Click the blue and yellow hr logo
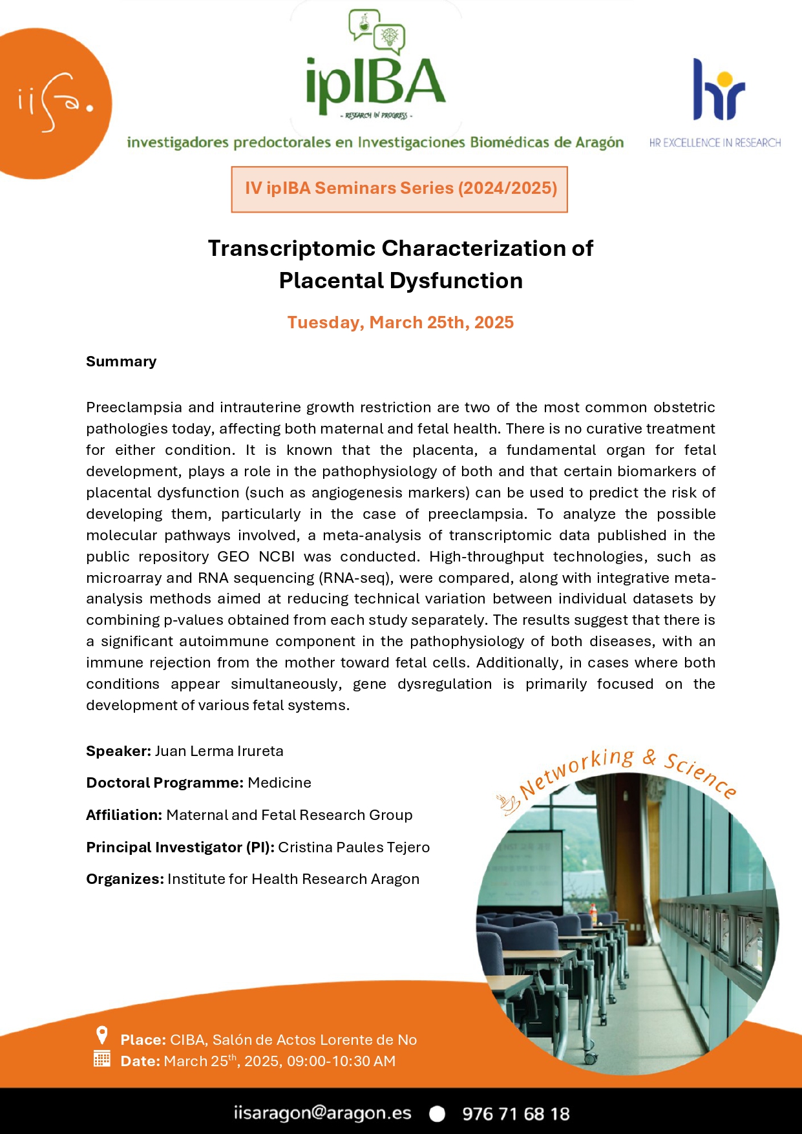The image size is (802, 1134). coord(719,90)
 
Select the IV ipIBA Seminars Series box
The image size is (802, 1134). coord(399,189)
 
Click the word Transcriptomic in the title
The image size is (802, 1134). coord(291,248)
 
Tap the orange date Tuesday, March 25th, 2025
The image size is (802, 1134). coord(401,322)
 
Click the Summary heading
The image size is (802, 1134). coord(121,361)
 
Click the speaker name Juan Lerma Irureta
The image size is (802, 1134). coord(219,751)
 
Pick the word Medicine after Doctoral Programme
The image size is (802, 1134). coord(279,782)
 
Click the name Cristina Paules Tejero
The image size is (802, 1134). coord(354,847)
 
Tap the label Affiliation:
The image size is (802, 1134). coord(124,815)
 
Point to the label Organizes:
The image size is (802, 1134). coord(125,879)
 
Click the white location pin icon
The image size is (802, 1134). coord(101,1035)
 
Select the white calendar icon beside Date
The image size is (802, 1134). coord(101,1058)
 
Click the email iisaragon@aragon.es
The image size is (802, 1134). coord(322,1113)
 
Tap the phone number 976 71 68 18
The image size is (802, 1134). coord(516,1113)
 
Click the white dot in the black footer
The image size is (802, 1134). coord(438,1113)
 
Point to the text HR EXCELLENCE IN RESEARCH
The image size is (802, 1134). coord(715,143)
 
